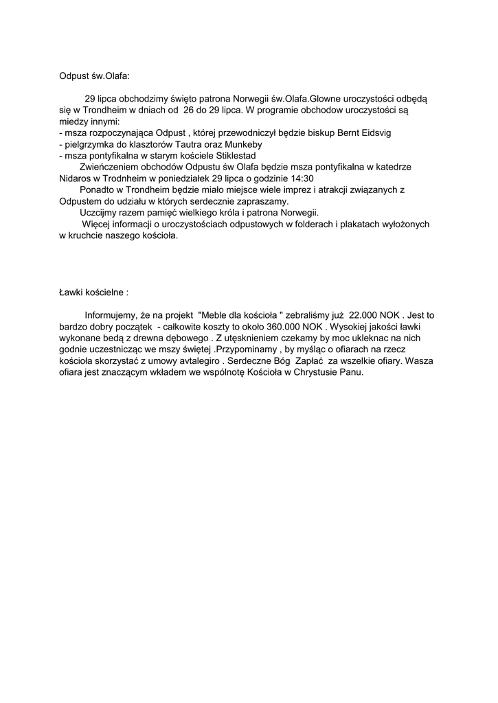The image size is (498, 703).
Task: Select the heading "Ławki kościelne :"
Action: (93, 292)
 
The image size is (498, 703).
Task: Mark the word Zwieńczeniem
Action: (109, 167)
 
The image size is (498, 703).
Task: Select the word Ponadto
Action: (97, 190)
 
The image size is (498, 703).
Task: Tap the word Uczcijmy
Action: (99, 213)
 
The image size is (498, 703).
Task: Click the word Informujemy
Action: (112, 315)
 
